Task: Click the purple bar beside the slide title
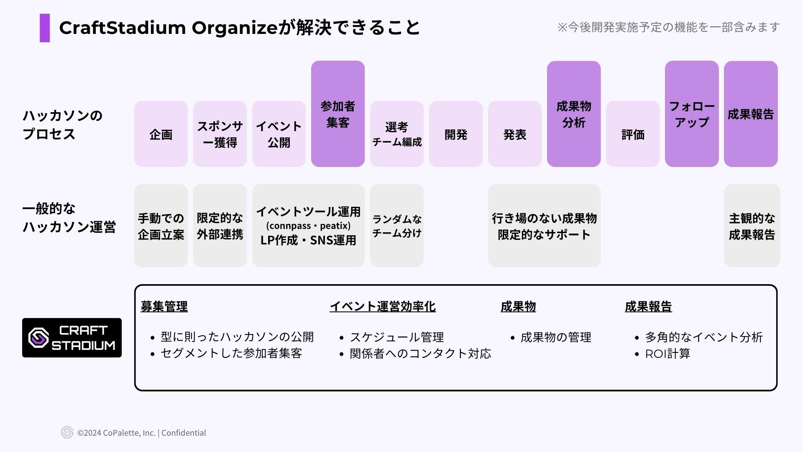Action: pyautogui.click(x=45, y=28)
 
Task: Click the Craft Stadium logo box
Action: pyautogui.click(x=72, y=338)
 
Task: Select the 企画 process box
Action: pyautogui.click(x=161, y=134)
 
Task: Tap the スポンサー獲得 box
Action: pyautogui.click(x=220, y=134)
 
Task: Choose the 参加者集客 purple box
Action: pyautogui.click(x=338, y=114)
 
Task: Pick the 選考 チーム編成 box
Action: pyautogui.click(x=397, y=134)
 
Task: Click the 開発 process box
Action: pyautogui.click(x=456, y=134)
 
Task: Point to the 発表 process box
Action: pyautogui.click(x=515, y=134)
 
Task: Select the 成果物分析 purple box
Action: pyautogui.click(x=574, y=114)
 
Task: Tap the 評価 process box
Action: pyautogui.click(x=633, y=134)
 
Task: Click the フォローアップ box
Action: pyautogui.click(x=692, y=114)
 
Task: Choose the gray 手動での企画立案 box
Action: pyautogui.click(x=161, y=226)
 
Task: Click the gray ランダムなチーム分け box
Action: pyautogui.click(x=397, y=226)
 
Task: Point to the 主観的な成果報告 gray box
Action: pyautogui.click(x=752, y=226)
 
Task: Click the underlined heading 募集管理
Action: pyautogui.click(x=164, y=307)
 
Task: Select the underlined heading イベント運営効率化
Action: pyautogui.click(x=383, y=307)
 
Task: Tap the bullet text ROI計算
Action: pyautogui.click(x=667, y=354)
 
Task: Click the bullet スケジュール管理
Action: pyautogui.click(x=396, y=337)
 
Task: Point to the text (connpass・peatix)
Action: pyautogui.click(x=308, y=226)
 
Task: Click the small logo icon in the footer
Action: pyautogui.click(x=67, y=432)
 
